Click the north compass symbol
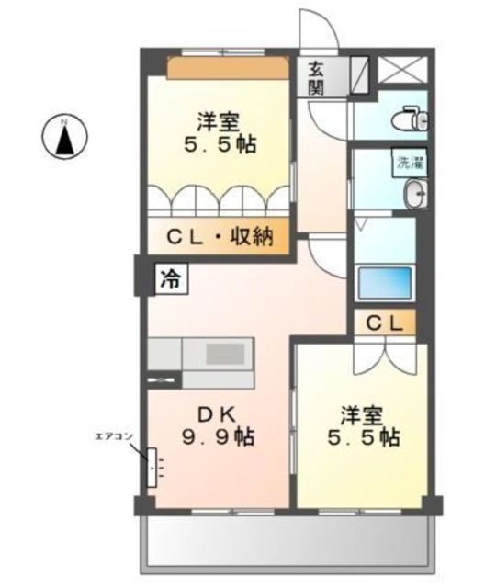click(x=64, y=137)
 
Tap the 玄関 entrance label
click(x=316, y=77)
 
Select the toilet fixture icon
click(x=410, y=119)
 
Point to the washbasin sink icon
click(x=415, y=194)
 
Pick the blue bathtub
click(x=385, y=282)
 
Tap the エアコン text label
click(x=114, y=435)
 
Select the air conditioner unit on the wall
click(x=152, y=468)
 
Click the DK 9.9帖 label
click(x=218, y=425)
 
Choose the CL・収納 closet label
click(x=220, y=237)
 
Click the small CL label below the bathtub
click(x=385, y=322)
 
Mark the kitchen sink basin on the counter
click(x=225, y=355)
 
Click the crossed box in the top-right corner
click(x=402, y=70)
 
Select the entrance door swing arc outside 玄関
click(x=319, y=28)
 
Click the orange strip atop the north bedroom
click(x=228, y=67)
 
